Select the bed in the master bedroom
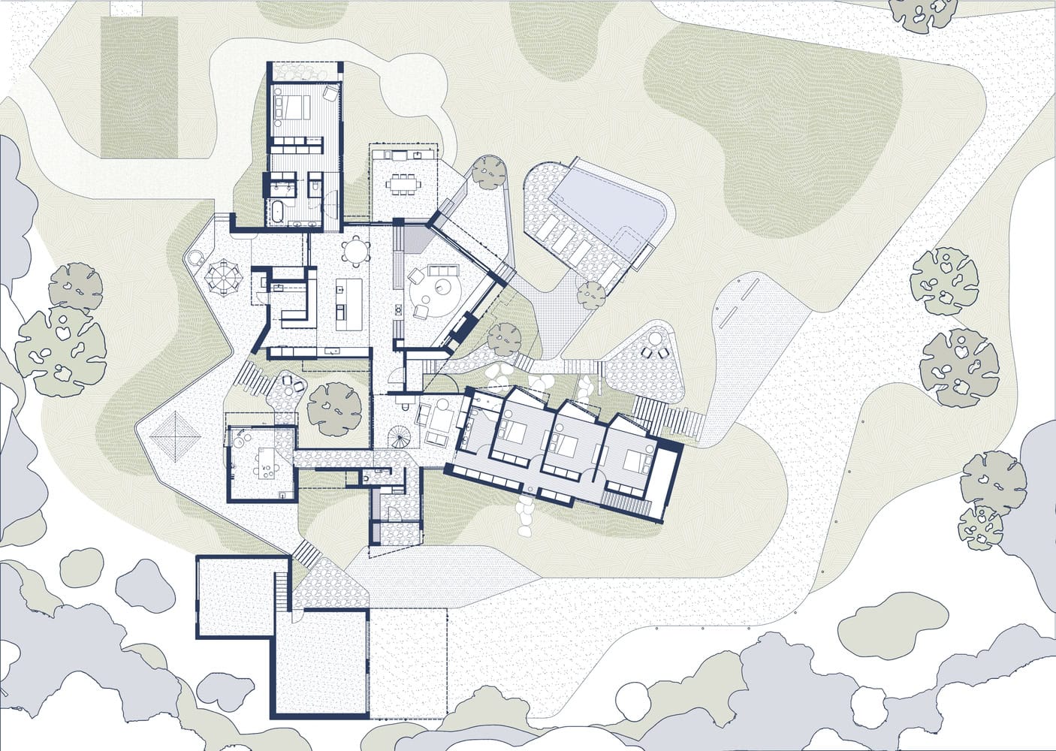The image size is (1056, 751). [294, 107]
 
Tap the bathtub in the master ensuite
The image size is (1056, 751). [276, 210]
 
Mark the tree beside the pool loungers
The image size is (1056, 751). [591, 294]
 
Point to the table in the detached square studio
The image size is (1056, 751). [266, 462]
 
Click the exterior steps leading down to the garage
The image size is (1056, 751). [306, 552]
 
